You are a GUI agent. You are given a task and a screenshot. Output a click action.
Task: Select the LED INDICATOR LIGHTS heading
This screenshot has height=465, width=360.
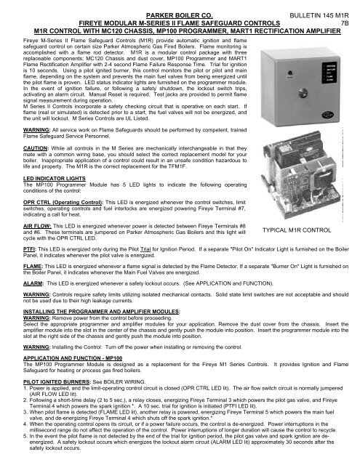(40, 198)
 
